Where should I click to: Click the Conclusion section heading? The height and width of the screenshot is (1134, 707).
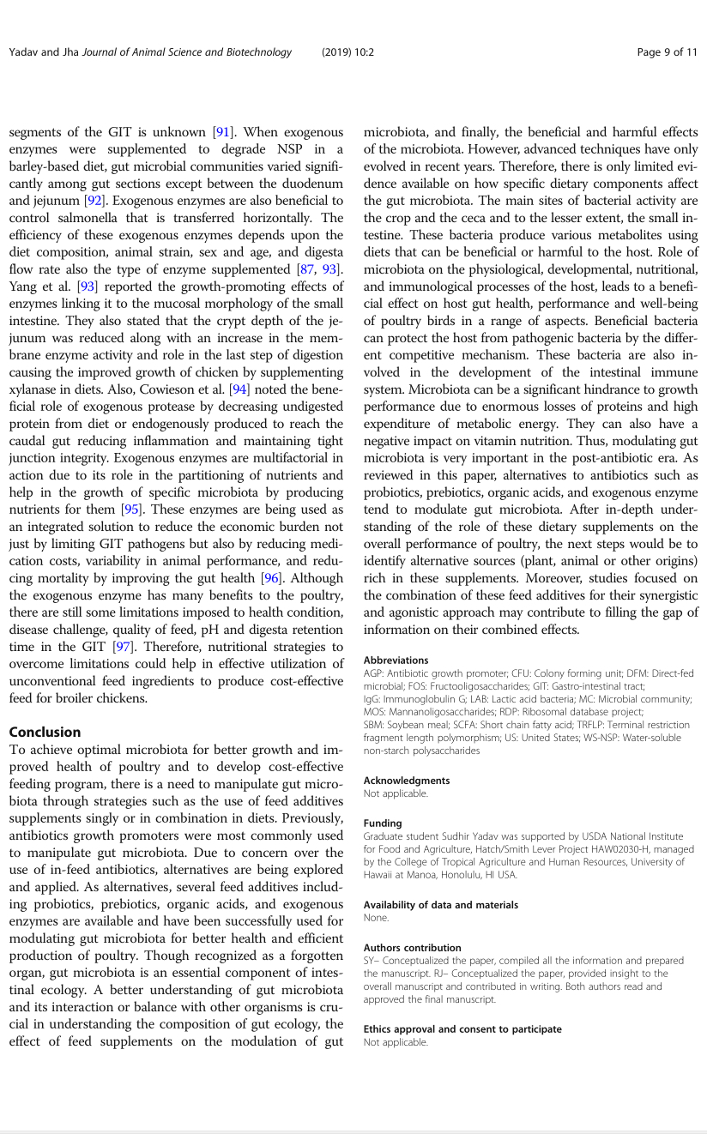pyautogui.click(x=45, y=732)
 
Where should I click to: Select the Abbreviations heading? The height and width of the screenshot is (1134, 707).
pyautogui.click(x=396, y=660)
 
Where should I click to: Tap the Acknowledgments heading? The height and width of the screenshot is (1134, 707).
pyautogui.click(x=406, y=781)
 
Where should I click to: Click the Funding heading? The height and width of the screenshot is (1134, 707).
pyautogui.click(x=383, y=823)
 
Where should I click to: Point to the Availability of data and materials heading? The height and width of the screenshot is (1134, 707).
pyautogui.click(x=440, y=905)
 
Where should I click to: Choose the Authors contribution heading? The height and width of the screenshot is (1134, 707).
pyautogui.click(x=412, y=948)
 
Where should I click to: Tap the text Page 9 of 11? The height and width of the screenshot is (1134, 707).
pyautogui.click(x=667, y=52)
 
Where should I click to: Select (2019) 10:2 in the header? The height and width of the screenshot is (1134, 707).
pyautogui.click(x=347, y=52)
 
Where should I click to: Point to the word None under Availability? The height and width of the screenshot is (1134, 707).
pyautogui.click(x=377, y=918)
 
